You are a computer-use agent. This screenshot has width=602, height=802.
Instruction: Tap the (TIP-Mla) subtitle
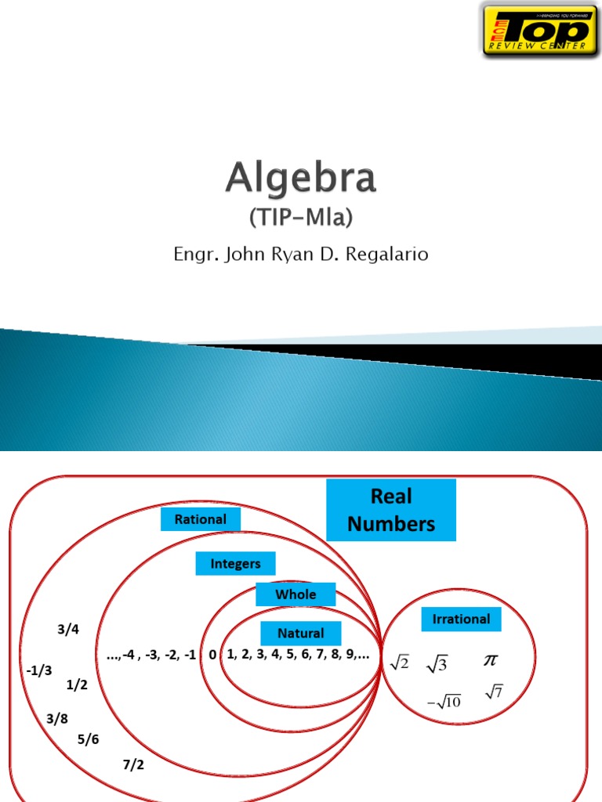click(301, 219)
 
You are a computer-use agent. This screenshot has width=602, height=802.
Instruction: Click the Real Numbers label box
click(391, 510)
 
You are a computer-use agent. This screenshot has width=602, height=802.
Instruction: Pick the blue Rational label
click(201, 519)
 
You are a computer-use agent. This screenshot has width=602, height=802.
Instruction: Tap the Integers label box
click(235, 563)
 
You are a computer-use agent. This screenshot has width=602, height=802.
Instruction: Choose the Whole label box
click(296, 594)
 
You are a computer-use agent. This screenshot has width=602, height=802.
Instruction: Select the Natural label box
click(300, 633)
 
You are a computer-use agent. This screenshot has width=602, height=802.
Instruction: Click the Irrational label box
click(461, 619)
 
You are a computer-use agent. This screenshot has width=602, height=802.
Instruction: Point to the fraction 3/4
click(68, 630)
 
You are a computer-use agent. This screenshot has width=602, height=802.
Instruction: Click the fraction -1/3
click(38, 670)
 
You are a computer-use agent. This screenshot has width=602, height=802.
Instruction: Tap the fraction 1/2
click(77, 685)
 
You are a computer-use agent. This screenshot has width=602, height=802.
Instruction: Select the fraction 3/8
click(57, 718)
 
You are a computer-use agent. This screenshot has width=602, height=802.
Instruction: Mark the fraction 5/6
click(89, 739)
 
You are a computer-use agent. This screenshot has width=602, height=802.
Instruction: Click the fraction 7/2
click(133, 765)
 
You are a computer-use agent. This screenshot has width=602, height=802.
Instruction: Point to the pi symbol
click(490, 661)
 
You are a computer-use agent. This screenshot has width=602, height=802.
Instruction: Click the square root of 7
click(494, 692)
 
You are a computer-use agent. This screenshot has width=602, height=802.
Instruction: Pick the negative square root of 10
click(444, 701)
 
